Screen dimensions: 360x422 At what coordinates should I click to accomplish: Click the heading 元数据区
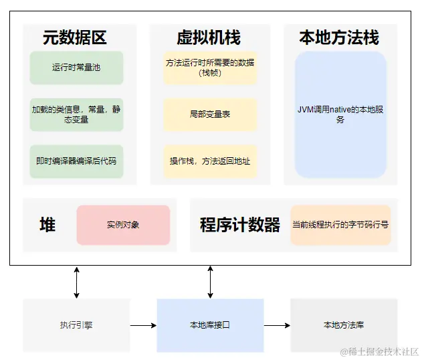click(75, 37)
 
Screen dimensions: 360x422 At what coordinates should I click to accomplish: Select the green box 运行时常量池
click(76, 68)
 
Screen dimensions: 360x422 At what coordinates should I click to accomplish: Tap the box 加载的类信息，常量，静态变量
click(76, 114)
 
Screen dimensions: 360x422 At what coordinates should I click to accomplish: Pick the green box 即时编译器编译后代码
click(76, 161)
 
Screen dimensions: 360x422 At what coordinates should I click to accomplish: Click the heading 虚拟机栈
click(209, 37)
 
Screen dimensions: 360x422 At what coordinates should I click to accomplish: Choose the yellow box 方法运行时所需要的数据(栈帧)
click(210, 68)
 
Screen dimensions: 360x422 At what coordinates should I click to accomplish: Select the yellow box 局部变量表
click(210, 114)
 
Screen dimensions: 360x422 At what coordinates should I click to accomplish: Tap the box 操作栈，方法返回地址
click(210, 161)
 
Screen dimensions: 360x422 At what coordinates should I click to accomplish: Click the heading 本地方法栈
click(339, 37)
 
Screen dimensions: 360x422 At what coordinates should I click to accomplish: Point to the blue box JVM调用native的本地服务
click(340, 114)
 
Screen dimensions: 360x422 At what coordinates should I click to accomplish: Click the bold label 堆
click(47, 225)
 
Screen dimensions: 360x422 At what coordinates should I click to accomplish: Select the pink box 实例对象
click(123, 225)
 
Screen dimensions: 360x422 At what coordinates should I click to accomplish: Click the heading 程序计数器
click(240, 225)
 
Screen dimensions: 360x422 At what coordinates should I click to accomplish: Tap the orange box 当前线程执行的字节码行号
click(340, 225)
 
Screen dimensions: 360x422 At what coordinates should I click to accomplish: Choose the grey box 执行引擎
click(76, 325)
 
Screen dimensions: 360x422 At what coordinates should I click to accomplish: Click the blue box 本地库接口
click(210, 325)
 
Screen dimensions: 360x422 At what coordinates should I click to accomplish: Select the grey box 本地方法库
click(344, 325)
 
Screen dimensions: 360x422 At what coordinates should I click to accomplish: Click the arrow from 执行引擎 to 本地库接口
click(143, 325)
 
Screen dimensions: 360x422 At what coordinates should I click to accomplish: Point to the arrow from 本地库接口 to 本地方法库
click(277, 325)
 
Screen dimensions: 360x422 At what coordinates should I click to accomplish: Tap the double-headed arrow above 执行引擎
click(76, 282)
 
